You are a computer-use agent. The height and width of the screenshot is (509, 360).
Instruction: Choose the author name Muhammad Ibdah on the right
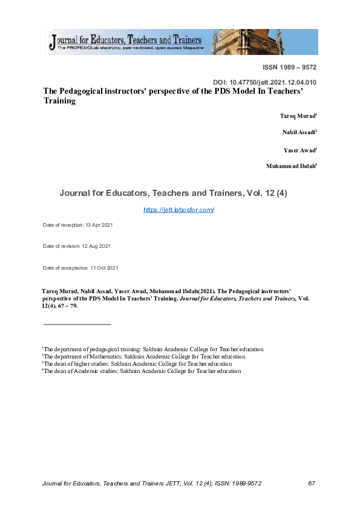(x=291, y=166)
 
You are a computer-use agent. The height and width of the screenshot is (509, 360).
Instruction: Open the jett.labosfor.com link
(x=179, y=210)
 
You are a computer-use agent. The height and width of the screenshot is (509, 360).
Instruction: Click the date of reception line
(x=78, y=225)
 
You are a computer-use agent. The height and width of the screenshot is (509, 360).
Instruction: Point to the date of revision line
(x=77, y=246)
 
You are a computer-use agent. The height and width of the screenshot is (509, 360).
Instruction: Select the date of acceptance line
(x=80, y=267)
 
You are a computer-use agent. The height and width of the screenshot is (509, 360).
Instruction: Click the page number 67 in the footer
(x=312, y=484)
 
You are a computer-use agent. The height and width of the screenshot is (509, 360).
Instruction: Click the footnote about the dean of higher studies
(x=137, y=364)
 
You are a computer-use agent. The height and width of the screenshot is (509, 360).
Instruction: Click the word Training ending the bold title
(x=59, y=101)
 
